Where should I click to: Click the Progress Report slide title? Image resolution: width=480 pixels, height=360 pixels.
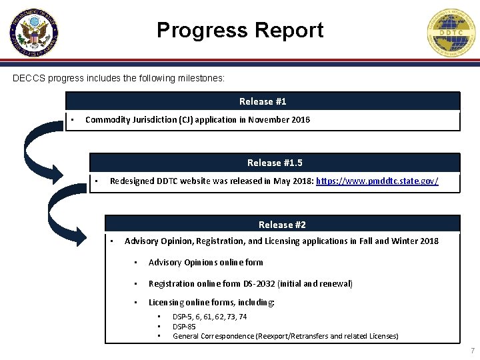[240, 30]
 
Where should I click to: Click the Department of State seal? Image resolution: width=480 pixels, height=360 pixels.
[34, 33]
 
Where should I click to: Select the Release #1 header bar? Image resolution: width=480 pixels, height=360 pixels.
[263, 101]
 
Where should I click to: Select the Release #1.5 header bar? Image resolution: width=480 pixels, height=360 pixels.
[275, 163]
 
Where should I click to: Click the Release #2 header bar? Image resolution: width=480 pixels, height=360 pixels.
[282, 225]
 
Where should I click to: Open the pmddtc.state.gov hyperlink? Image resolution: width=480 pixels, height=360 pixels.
[377, 181]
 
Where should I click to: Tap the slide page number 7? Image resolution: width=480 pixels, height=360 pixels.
[472, 351]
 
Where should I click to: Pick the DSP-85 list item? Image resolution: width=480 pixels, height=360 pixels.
[184, 327]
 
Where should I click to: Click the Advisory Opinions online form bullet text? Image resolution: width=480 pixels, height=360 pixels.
[205, 263]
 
